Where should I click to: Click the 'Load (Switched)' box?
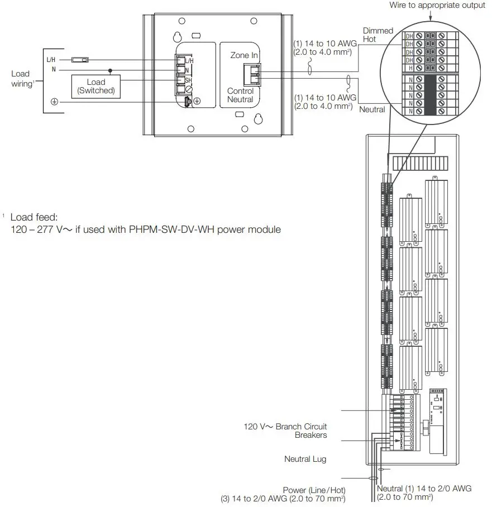[x=96, y=86]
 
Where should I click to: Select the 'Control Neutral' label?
[x=240, y=95]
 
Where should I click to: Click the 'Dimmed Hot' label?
[x=378, y=35]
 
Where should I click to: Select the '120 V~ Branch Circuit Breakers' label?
[x=285, y=431]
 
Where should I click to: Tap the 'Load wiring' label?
[x=21, y=78]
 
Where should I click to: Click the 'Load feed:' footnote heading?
[x=34, y=217]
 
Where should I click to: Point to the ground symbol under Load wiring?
[x=55, y=101]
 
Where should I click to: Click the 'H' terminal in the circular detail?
[x=410, y=67]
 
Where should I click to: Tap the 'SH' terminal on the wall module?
[x=189, y=80]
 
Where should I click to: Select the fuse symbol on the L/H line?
[x=81, y=59]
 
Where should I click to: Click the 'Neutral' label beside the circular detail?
[x=371, y=109]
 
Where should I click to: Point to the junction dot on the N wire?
[x=111, y=70]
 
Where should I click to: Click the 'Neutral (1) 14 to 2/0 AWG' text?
[x=424, y=488]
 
